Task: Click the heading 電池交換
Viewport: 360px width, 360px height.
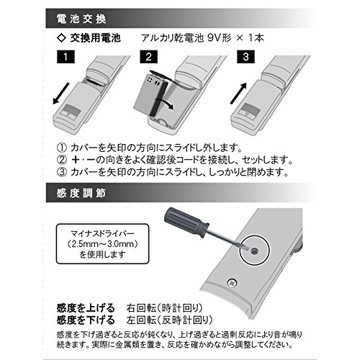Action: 81,19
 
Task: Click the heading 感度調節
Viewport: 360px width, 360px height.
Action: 81,194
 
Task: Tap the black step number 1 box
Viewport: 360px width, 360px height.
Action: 66,57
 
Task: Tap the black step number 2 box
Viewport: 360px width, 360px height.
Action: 148,57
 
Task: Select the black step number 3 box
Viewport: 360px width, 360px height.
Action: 246,57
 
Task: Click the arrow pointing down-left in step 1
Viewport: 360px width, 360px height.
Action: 61,94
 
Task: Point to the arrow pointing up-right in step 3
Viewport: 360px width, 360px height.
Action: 239,94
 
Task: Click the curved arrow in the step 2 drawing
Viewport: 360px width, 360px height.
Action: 164,102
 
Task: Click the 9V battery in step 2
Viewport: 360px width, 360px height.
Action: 150,94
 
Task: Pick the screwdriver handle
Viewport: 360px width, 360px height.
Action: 186,222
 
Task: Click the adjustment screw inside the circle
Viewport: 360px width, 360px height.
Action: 254,251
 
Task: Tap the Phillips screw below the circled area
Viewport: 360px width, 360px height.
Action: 232,283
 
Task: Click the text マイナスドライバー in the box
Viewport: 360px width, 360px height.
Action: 102,233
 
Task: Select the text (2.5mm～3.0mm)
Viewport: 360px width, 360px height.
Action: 102,244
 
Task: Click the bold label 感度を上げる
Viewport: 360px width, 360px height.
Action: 86,308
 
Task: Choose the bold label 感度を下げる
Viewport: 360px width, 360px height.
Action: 86,320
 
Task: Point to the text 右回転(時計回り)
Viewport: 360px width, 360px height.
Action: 165,308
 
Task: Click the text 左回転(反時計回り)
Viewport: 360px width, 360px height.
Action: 170,320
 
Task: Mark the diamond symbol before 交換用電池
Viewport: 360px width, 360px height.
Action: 62,38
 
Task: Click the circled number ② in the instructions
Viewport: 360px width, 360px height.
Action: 62,160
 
